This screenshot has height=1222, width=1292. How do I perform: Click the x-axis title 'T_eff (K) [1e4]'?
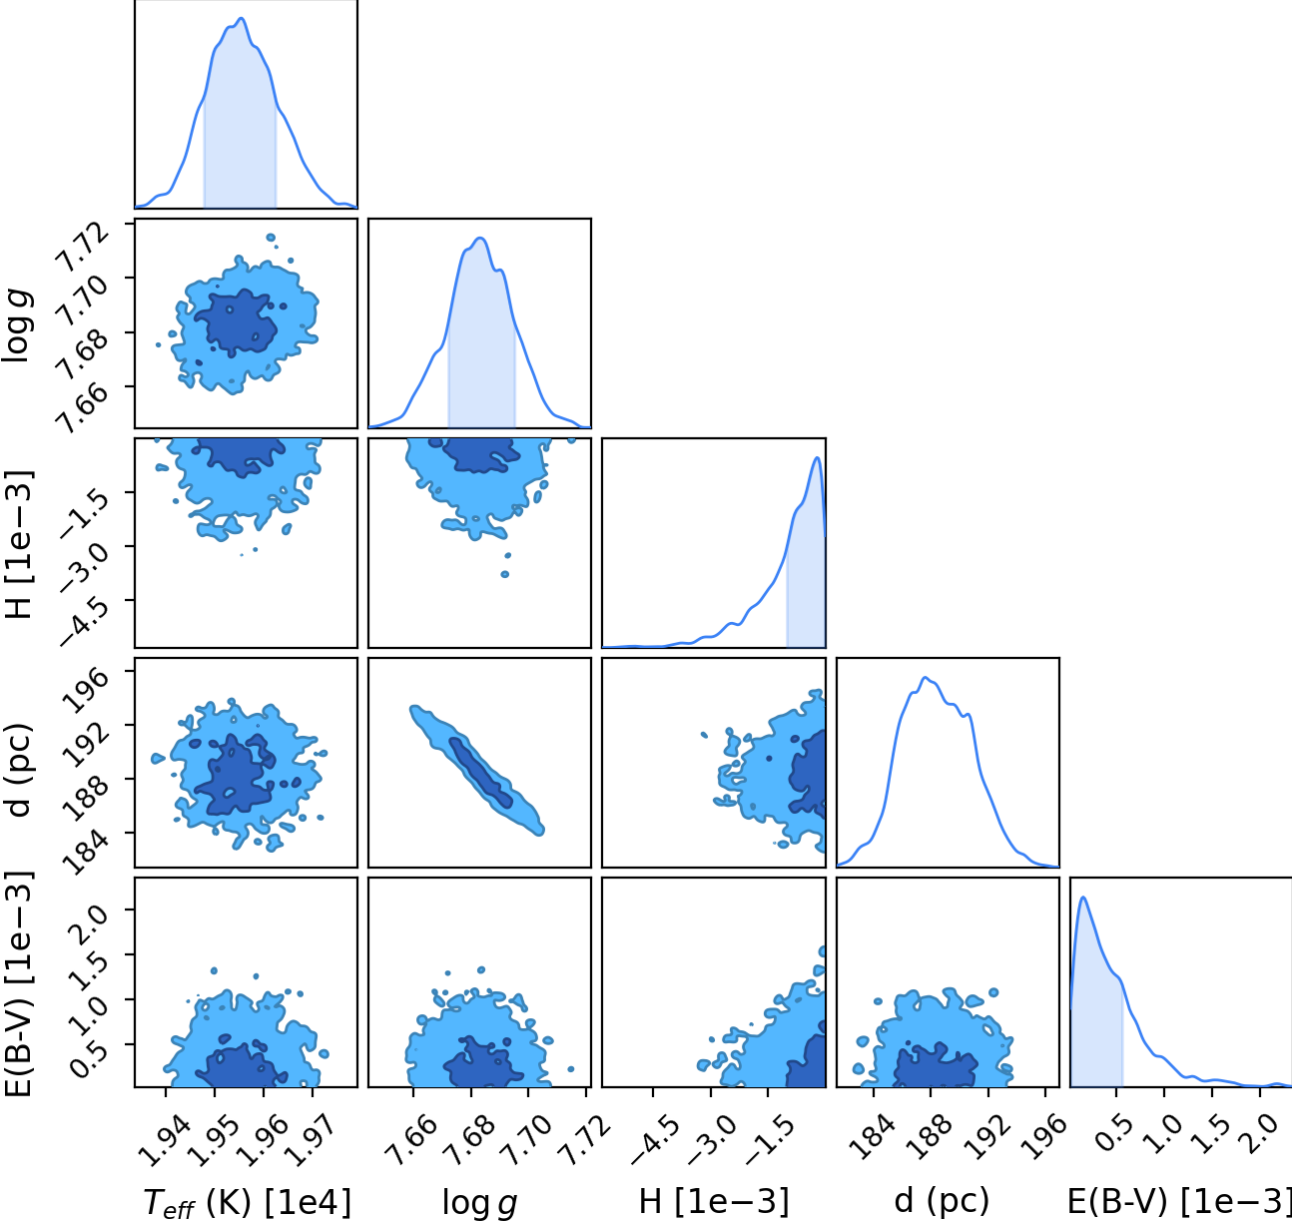coord(247,1202)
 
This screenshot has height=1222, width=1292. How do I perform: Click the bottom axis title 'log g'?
coord(479,1203)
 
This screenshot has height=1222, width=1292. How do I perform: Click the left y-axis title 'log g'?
coord(17,325)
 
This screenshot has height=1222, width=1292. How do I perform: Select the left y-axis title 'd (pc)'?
coord(18,770)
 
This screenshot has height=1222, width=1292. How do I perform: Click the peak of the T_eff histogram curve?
coord(242,18)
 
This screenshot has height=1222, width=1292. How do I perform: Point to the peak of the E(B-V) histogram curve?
coord(1083,897)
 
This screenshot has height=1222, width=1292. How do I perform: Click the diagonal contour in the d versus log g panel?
coord(476,771)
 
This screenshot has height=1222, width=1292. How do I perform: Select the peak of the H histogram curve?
coord(818,457)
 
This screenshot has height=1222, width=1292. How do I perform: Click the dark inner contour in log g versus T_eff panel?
coord(237,323)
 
